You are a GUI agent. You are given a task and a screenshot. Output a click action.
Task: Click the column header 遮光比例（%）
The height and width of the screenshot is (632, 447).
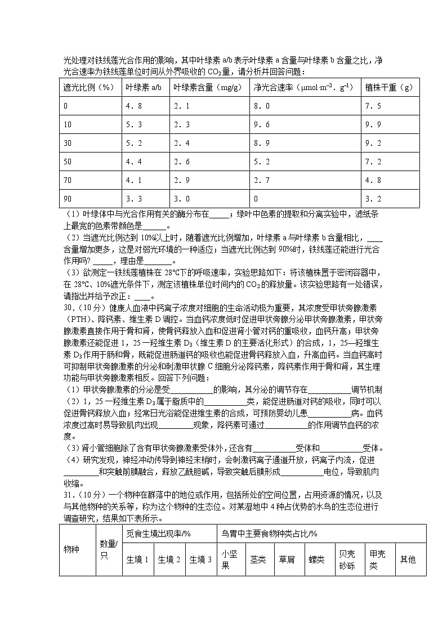[x=90, y=87]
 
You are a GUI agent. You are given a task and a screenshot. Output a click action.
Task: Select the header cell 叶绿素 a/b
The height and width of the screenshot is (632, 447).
[x=144, y=87]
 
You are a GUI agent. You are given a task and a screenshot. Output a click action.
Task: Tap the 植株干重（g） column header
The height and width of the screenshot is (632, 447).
[x=388, y=87]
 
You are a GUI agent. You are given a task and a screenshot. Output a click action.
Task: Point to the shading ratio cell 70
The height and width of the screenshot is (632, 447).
[x=68, y=180]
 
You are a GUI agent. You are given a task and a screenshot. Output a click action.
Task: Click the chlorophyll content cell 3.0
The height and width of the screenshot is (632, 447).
[x=181, y=199]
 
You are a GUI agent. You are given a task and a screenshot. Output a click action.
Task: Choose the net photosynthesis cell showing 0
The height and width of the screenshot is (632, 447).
[x=256, y=199]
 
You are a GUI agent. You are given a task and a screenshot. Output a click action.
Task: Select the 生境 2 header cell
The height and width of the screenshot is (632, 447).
[x=169, y=559]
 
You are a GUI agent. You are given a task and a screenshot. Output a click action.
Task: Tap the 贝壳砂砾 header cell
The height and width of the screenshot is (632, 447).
[x=347, y=559]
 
